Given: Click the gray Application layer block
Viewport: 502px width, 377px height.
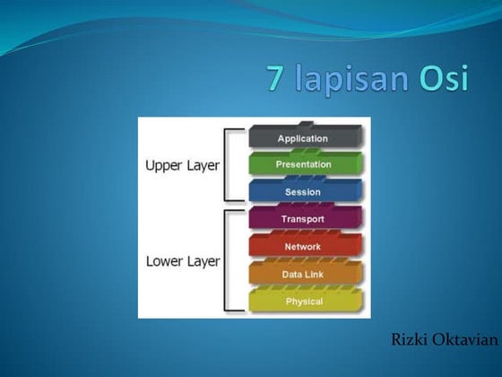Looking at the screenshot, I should point(303,138).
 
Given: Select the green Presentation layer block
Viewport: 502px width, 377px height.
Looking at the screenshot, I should point(303,165).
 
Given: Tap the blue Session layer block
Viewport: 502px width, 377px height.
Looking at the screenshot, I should point(303,192).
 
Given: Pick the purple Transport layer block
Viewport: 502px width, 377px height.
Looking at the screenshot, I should point(303,219).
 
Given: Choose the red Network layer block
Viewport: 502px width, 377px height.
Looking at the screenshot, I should point(303,246).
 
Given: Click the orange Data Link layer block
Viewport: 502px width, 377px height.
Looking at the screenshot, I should point(303,274).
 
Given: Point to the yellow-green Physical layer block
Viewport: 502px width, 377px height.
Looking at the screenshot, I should point(303,301).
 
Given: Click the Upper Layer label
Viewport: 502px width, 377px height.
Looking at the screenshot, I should point(182,166).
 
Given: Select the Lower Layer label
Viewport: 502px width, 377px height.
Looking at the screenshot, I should point(182,262).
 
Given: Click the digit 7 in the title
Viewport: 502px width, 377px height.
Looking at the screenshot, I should point(276,78).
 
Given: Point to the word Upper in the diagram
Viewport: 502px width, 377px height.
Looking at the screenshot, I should point(164,166).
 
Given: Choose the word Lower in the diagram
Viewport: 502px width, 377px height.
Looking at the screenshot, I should point(164,262).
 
